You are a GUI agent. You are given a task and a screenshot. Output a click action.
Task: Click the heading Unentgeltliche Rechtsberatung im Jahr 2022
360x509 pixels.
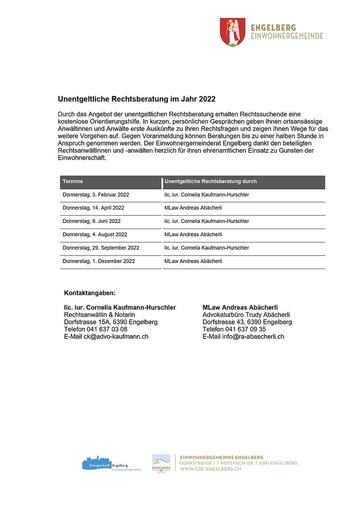pos(136,99)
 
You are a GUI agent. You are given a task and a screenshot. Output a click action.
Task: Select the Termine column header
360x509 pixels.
pos(73,182)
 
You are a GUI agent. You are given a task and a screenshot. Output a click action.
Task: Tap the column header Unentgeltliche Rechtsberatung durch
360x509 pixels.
pos(210,182)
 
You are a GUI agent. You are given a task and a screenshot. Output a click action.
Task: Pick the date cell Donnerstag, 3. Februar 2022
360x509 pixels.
pos(96,195)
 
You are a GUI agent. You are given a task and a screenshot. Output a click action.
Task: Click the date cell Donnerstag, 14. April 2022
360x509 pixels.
pos(93,208)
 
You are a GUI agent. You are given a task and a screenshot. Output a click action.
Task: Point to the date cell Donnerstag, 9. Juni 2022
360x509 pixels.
pos(91,221)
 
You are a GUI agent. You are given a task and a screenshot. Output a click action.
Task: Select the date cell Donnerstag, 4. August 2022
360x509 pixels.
pos(95,235)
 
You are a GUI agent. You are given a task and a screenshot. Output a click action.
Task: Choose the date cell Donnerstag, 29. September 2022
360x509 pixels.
pos(101,248)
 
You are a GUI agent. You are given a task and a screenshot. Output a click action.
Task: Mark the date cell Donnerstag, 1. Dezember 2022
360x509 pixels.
pos(99,261)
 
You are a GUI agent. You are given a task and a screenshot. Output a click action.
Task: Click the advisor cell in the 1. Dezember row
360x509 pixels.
pos(193,261)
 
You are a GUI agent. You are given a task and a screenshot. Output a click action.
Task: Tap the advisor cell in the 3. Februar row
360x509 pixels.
pos(207,195)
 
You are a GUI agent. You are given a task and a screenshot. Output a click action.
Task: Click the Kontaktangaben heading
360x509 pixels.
pos(90,292)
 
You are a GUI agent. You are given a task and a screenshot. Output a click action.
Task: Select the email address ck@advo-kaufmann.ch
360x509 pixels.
pos(116,337)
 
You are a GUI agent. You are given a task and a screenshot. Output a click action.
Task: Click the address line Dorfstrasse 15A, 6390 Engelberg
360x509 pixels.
pos(111,322)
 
